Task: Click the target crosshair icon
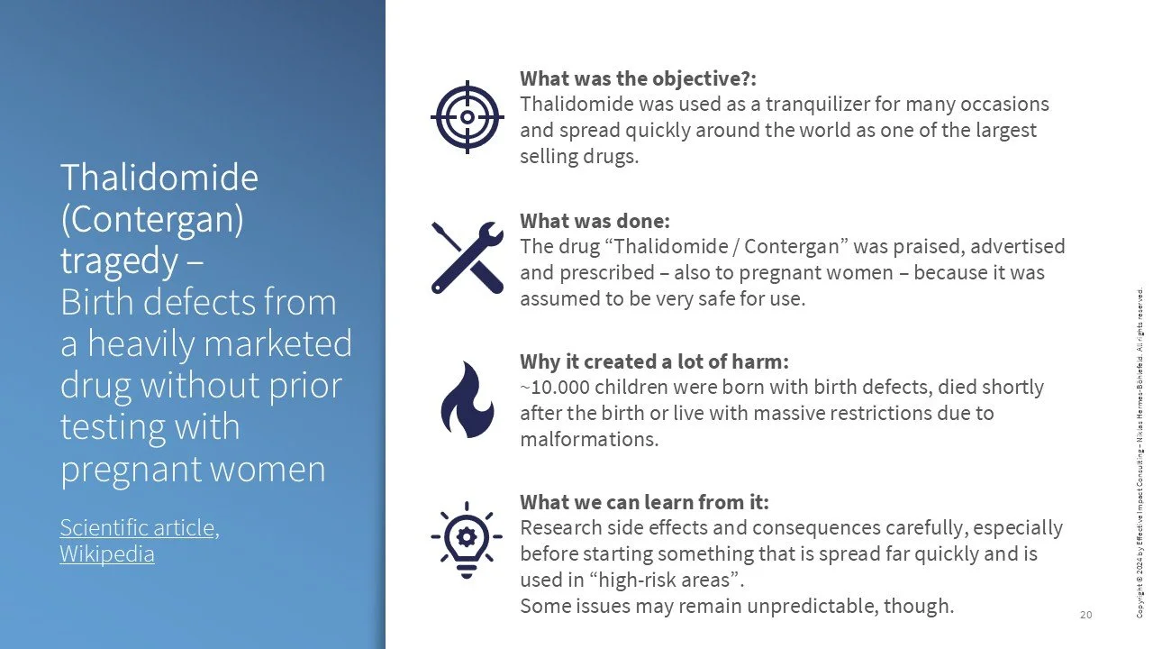pyautogui.click(x=467, y=116)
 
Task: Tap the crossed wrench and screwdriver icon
pyautogui.click(x=467, y=257)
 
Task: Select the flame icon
pyautogui.click(x=467, y=399)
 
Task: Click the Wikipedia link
pyautogui.click(x=107, y=553)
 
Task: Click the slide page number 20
pyautogui.click(x=1085, y=615)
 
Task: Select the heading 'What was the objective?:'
pyautogui.click(x=644, y=78)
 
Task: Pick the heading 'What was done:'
pyautogui.click(x=595, y=221)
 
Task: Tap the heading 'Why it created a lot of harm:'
pyautogui.click(x=654, y=361)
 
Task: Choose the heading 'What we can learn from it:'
pyautogui.click(x=644, y=502)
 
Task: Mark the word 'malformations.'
pyautogui.click(x=589, y=440)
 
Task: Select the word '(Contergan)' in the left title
pyautogui.click(x=151, y=219)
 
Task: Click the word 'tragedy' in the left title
pyautogui.click(x=119, y=261)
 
